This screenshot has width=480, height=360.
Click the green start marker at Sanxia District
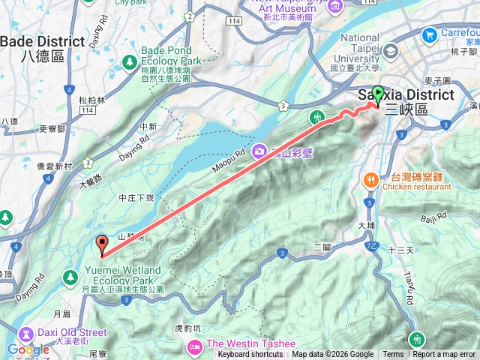pos(378,95)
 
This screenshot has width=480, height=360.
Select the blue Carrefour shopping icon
pos(430,34)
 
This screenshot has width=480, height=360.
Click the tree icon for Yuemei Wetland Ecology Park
pos(71,277)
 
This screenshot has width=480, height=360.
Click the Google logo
pos(28,349)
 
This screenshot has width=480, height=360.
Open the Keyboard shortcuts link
pos(250,355)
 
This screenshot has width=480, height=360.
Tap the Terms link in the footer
pos(393,355)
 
